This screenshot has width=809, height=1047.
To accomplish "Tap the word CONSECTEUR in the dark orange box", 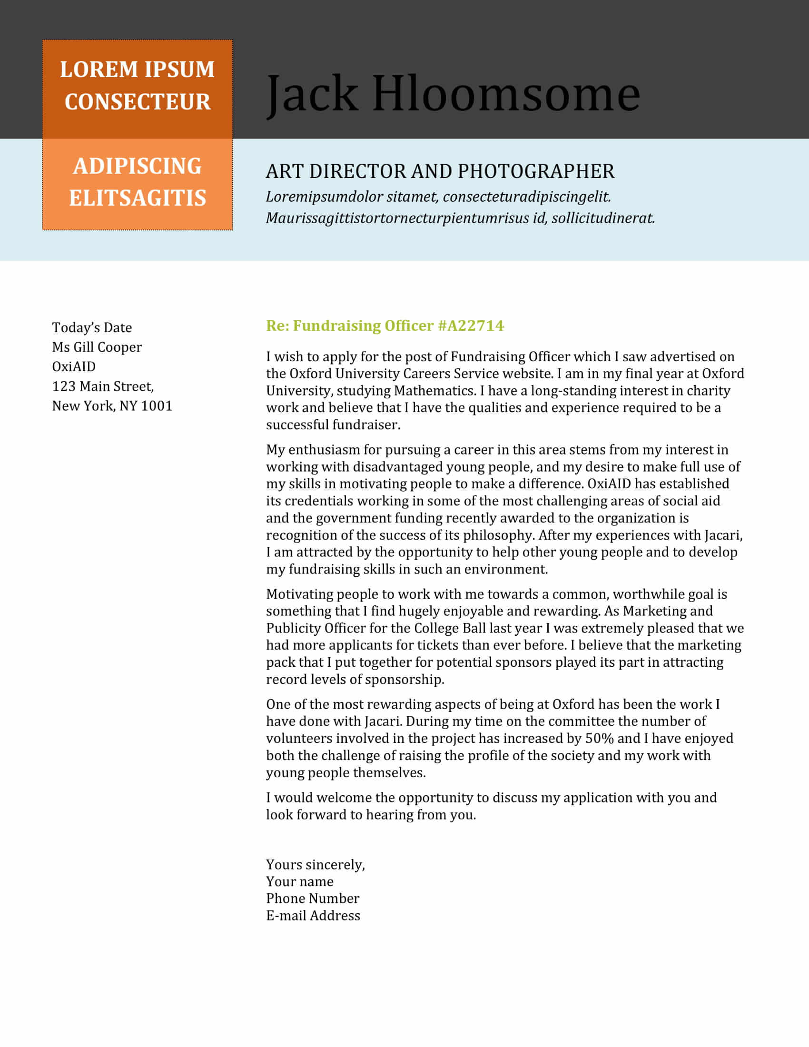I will pos(138,102).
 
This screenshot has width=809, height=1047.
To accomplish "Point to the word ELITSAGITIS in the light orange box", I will pos(138,198).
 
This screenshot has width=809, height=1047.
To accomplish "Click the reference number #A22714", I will pos(471,326).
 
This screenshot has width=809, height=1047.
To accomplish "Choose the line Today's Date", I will pos(92,327).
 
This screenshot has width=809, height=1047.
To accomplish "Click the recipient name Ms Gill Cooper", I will pos(97,347).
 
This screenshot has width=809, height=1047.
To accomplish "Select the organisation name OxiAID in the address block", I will pos(74,367).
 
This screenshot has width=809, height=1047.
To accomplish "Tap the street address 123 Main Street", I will pos(103,386).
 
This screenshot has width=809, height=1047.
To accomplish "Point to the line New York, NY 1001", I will pos(112,406).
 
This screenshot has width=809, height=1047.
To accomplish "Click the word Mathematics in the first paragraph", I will pos(434,391).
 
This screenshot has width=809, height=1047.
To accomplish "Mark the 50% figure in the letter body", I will pos(599,738).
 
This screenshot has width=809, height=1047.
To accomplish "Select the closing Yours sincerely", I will pos(316,864).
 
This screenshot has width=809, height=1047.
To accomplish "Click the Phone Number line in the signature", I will pos(313,899).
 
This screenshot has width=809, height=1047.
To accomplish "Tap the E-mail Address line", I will pos(313,916).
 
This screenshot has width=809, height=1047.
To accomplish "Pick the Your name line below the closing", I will pos(299,881).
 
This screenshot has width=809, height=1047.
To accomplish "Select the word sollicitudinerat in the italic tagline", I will pos(603,218).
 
